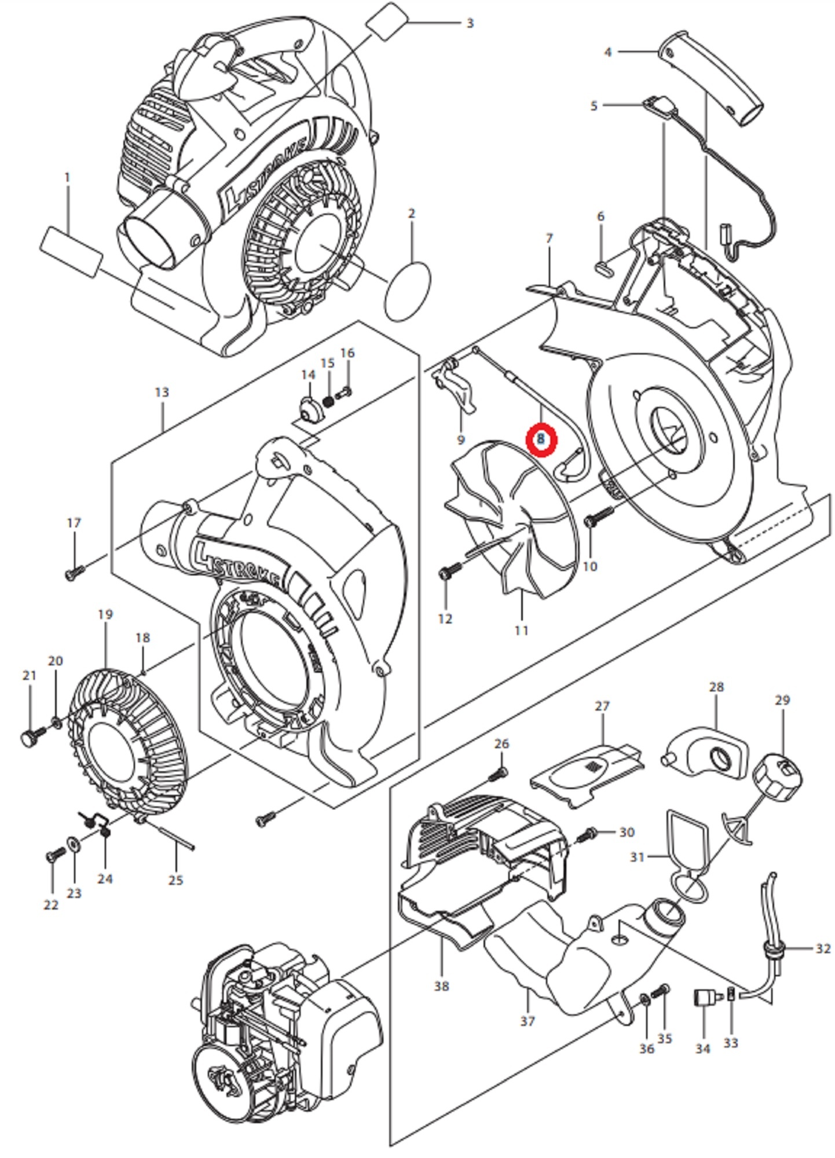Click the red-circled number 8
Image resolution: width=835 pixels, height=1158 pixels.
[x=541, y=439]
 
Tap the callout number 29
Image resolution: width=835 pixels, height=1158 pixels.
[x=782, y=700]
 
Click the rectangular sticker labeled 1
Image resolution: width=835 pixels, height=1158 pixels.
[x=72, y=251]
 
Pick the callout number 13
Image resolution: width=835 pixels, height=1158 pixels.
[x=162, y=392]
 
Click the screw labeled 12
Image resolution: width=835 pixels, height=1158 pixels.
[x=449, y=572]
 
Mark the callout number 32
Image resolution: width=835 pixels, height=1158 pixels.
[x=823, y=948]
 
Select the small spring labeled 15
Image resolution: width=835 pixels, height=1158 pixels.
[x=328, y=400]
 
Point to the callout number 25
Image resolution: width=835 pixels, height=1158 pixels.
[x=175, y=880]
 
